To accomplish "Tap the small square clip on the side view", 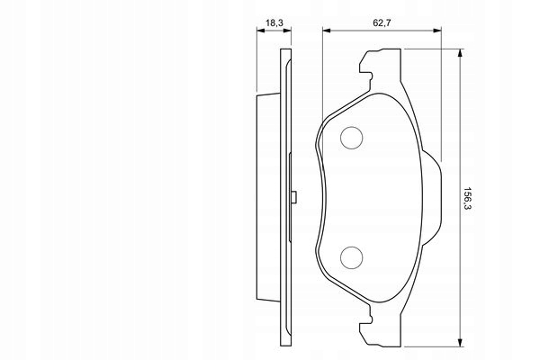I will [x=293, y=197].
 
